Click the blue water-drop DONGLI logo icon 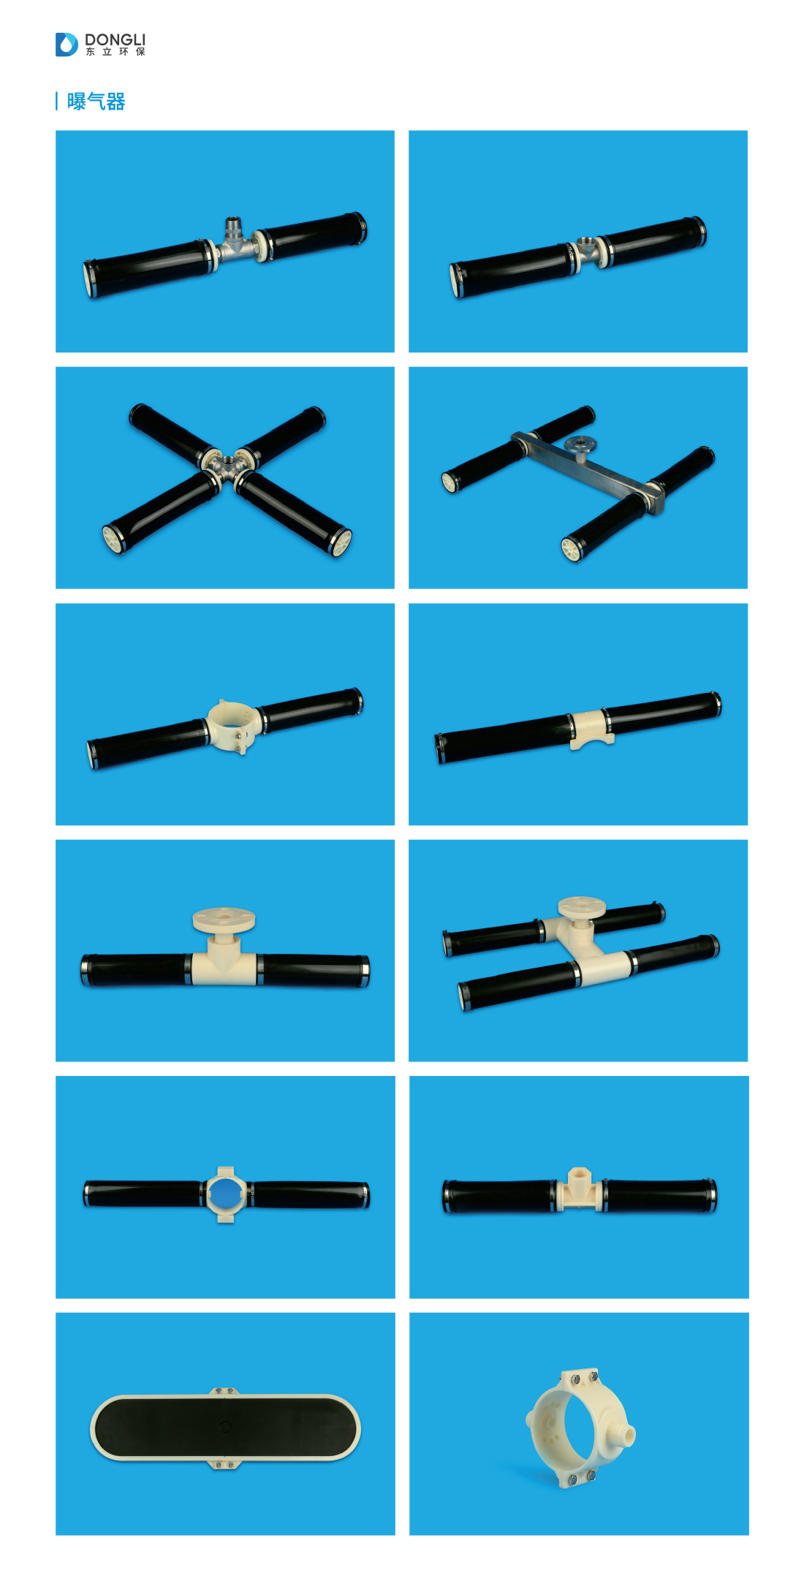pyautogui.click(x=67, y=45)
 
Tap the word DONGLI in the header pyautogui.click(x=115, y=39)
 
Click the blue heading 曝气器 pyautogui.click(x=96, y=101)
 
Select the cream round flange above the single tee pyautogui.click(x=224, y=920)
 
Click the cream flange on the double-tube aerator pyautogui.click(x=582, y=907)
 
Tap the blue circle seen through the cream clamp pyautogui.click(x=226, y=1194)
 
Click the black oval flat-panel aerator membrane pyautogui.click(x=225, y=1428)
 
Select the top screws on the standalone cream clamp pyautogui.click(x=582, y=1379)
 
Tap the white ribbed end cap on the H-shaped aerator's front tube pyautogui.click(x=570, y=549)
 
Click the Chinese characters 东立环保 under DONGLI pyautogui.click(x=115, y=52)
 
